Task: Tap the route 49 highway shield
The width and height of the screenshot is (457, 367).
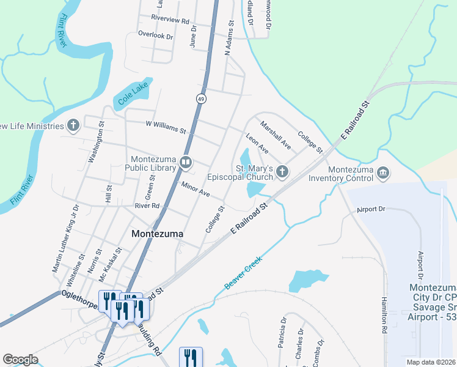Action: pos(201,98)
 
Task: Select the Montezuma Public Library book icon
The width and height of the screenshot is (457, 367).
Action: pos(185,163)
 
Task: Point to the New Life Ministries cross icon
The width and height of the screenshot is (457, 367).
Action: pos(73,126)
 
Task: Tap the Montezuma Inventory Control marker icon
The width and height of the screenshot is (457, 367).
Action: pos(382,172)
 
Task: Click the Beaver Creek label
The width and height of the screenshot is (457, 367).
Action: pos(243,273)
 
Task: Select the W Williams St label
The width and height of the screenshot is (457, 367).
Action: pos(166,127)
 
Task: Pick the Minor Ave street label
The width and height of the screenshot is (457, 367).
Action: pos(196,188)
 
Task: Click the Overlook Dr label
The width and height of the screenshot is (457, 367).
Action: pos(156,35)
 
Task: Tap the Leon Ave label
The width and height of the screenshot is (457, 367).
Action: pos(257,144)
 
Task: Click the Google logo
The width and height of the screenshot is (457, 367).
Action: pos(21,359)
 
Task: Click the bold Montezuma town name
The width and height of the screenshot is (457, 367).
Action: pos(158,234)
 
